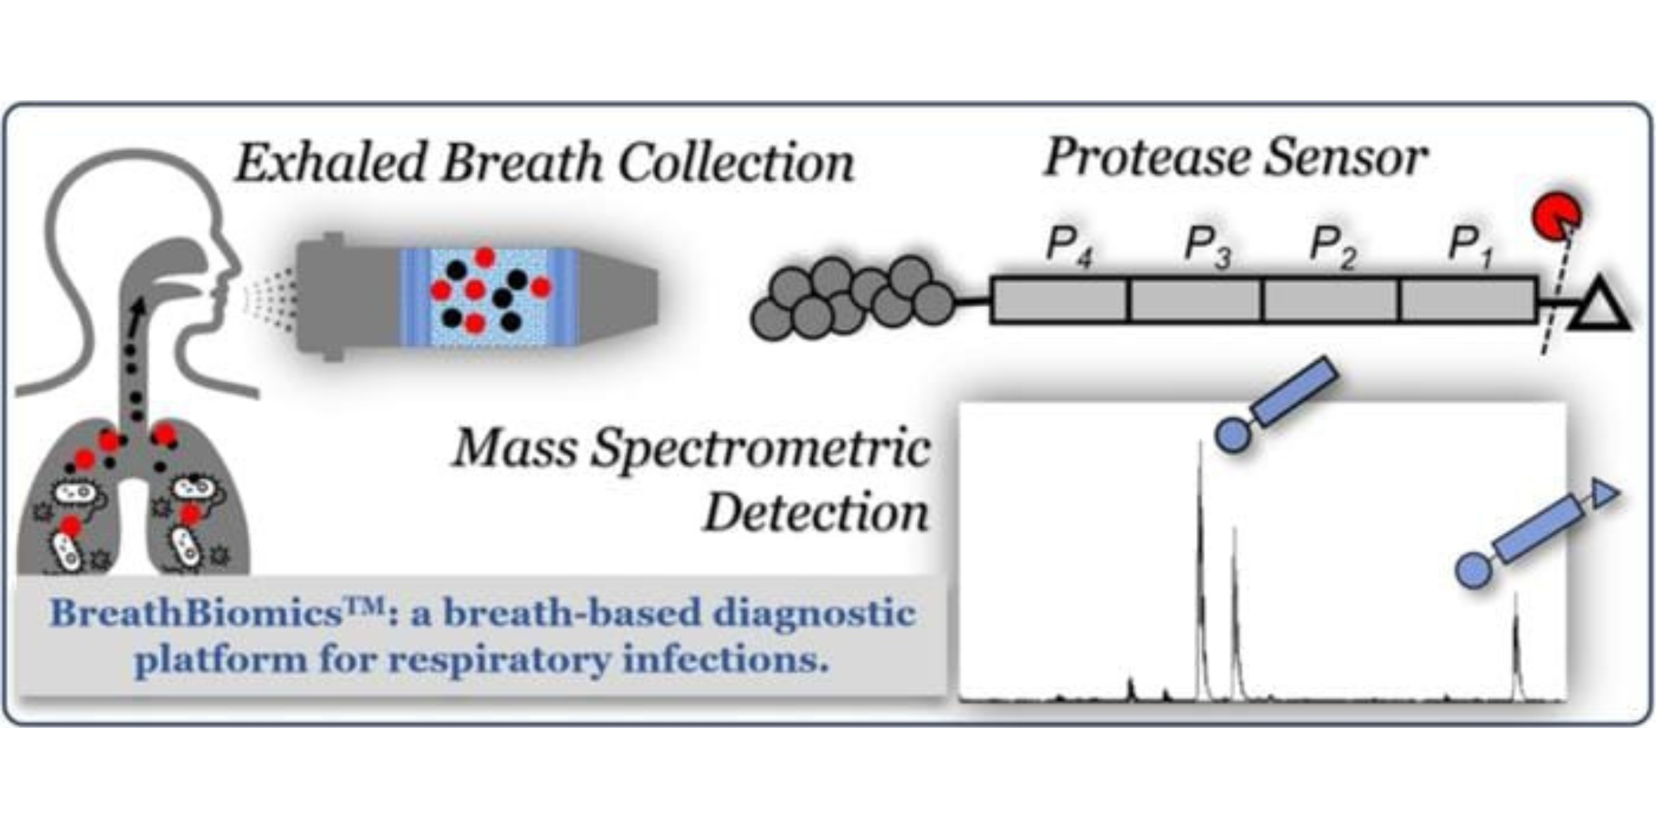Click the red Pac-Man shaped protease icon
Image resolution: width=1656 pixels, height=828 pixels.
pyautogui.click(x=1555, y=216)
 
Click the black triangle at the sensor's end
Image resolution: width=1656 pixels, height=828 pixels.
pyautogui.click(x=1599, y=308)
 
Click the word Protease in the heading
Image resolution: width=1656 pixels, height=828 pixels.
pyautogui.click(x=1146, y=158)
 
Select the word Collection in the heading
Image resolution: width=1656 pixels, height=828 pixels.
pyautogui.click(x=736, y=164)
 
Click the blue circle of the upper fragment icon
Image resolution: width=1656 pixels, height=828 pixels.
pyautogui.click(x=1232, y=435)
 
